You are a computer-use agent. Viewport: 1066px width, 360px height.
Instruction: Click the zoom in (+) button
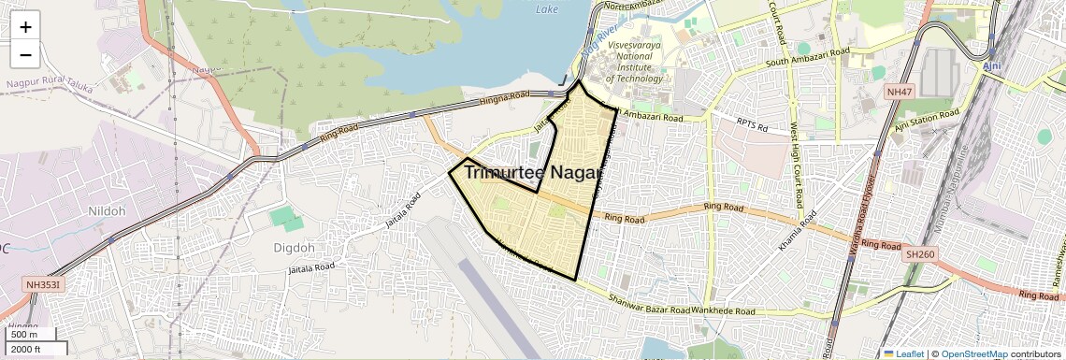click(x=25, y=27)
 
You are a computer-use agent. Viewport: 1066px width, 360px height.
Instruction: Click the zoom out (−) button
click(x=25, y=54)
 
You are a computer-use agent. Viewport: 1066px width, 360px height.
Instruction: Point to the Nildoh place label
click(x=106, y=211)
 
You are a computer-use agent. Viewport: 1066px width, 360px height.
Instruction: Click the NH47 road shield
click(x=899, y=92)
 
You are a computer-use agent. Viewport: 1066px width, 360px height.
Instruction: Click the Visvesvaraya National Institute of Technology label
click(x=636, y=61)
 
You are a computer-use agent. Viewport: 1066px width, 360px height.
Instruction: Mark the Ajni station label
click(x=992, y=67)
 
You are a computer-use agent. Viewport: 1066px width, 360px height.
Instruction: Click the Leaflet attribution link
click(x=903, y=353)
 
